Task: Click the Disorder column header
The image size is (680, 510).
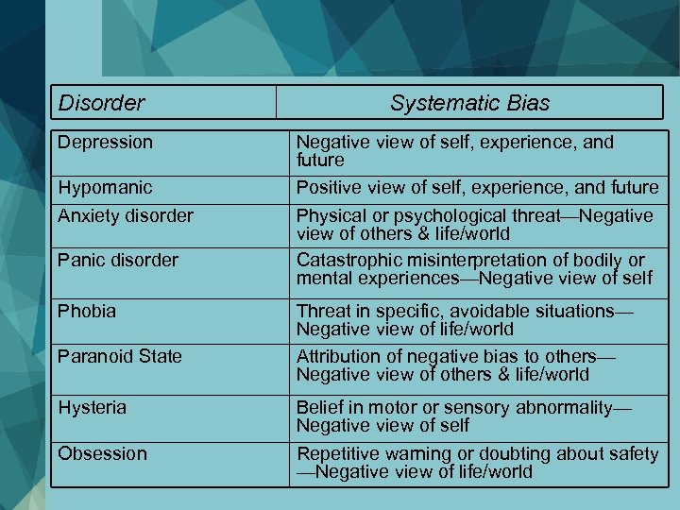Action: [101, 102]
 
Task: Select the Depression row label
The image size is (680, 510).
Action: [105, 143]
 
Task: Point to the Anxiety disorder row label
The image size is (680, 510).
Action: [126, 215]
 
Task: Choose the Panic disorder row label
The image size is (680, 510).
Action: [118, 260]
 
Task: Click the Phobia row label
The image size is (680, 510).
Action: [87, 311]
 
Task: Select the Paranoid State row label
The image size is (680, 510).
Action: [120, 356]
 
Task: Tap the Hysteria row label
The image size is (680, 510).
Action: [93, 408]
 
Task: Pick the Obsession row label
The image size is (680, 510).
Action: [102, 453]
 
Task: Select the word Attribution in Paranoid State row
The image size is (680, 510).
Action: [337, 356]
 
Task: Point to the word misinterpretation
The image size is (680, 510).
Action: [473, 260]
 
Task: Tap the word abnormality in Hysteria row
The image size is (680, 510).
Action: [561, 408]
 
